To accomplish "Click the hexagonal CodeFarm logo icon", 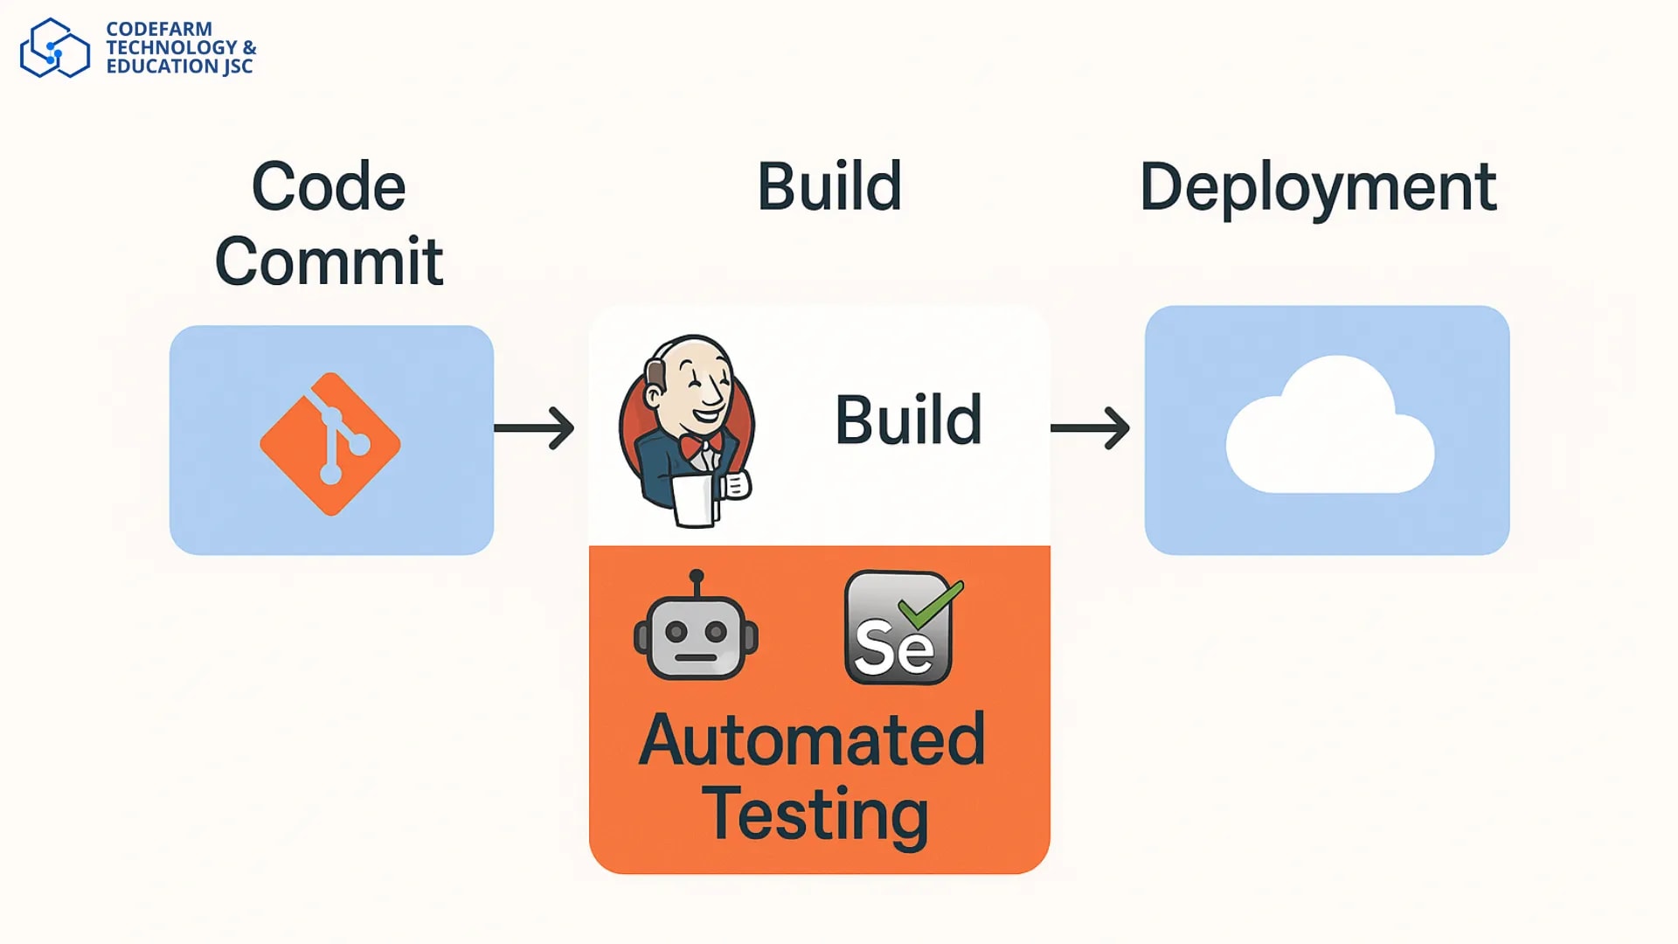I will click(54, 49).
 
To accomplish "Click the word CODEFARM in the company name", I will click(159, 29).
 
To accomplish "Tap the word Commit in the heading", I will click(329, 261).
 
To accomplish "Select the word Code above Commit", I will click(329, 187).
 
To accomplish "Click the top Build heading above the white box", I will click(829, 187).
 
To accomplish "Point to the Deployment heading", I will click(1318, 187).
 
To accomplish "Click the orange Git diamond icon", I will click(330, 444).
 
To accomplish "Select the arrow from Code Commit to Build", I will click(534, 427).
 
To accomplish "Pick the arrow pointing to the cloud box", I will click(1090, 427).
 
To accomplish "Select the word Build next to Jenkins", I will click(908, 420).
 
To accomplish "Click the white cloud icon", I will click(1328, 428).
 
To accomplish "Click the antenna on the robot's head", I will click(697, 580).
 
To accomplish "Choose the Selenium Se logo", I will click(896, 634).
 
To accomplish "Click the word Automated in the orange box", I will click(813, 740).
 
